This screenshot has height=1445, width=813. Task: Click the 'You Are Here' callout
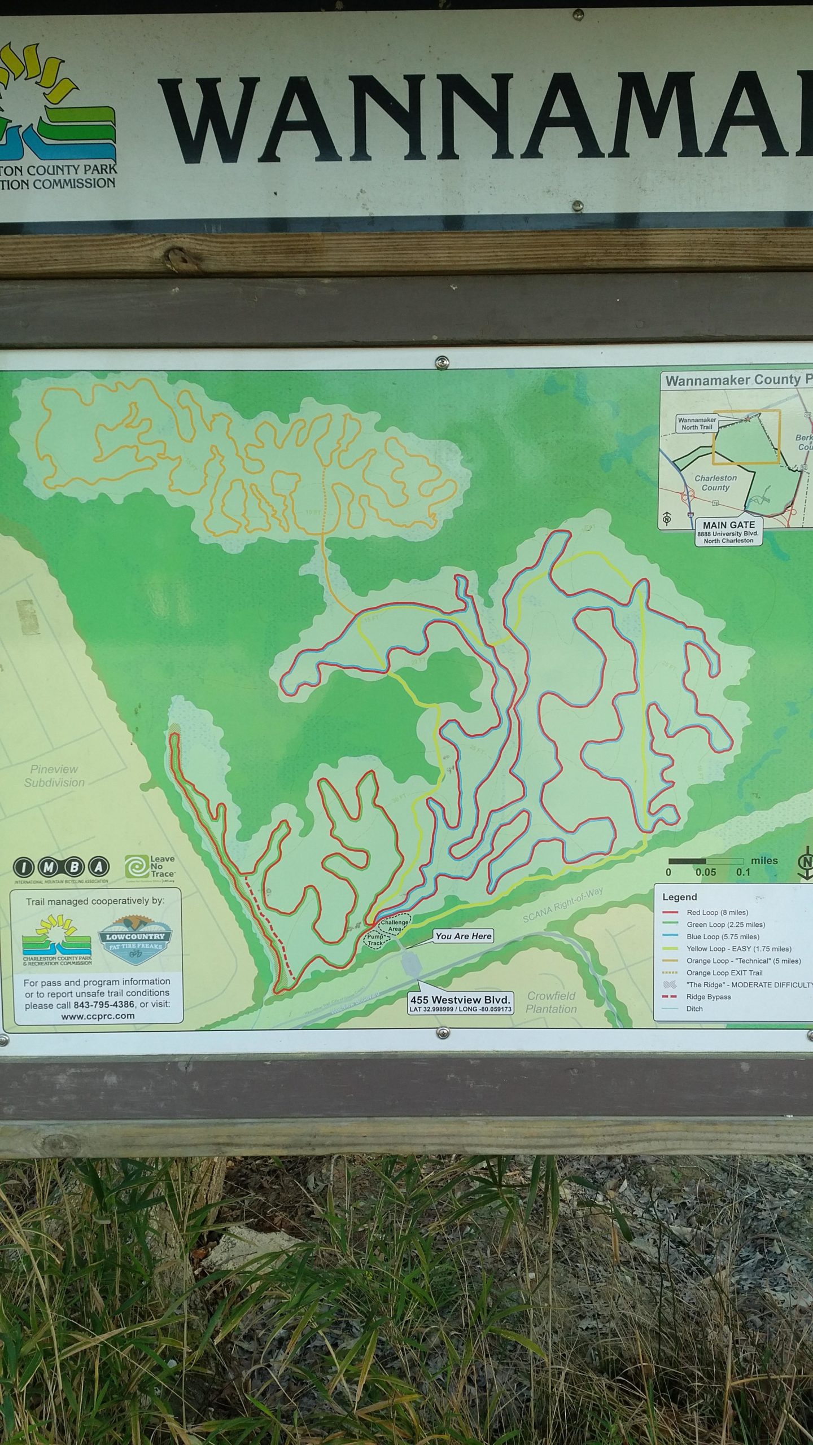(x=464, y=936)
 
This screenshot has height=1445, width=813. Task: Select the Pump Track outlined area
(x=375, y=940)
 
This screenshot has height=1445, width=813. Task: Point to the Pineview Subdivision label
(x=54, y=776)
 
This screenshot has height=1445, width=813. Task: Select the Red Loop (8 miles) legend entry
(x=717, y=912)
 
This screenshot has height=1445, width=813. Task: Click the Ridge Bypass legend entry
(x=708, y=996)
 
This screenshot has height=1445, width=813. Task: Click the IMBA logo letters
(x=61, y=866)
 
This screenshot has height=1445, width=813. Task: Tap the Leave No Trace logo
(x=150, y=868)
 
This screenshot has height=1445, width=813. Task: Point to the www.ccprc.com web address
(x=98, y=1016)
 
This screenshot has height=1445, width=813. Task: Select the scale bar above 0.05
(x=705, y=861)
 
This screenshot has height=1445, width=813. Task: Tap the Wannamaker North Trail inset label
(x=697, y=423)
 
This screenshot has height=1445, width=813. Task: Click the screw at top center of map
(x=442, y=361)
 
